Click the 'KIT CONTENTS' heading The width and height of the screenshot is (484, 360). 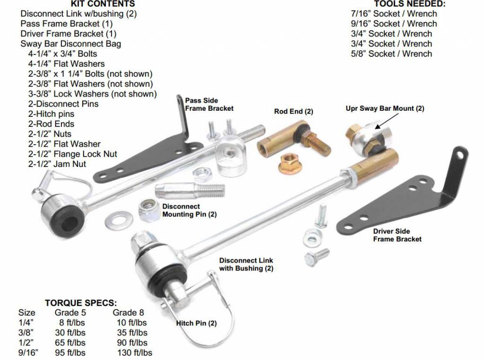click(x=103, y=4)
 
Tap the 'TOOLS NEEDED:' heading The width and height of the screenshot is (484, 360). click(x=410, y=4)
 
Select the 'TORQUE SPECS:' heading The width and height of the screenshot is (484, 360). click(x=81, y=303)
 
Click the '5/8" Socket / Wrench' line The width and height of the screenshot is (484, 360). click(x=391, y=54)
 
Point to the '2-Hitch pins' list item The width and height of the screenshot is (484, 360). click(x=51, y=114)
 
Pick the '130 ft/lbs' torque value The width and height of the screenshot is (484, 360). click(x=135, y=352)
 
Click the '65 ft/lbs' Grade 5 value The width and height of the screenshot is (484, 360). click(x=70, y=342)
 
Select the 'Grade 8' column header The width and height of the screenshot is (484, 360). click(x=129, y=313)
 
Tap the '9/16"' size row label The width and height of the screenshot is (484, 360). click(x=28, y=352)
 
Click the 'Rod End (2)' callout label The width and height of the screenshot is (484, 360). click(x=294, y=111)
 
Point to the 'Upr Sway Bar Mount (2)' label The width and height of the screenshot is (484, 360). click(x=385, y=108)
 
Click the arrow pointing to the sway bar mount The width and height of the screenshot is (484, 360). click(x=387, y=121)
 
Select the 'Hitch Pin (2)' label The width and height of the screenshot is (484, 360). click(x=196, y=323)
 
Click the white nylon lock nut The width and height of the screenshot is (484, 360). click(x=149, y=210)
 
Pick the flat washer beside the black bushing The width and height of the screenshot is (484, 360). click(x=119, y=220)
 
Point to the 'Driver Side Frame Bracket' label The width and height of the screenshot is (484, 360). click(x=397, y=235)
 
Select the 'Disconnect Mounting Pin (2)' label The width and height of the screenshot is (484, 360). click(x=190, y=211)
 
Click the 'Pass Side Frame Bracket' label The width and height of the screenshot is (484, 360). click(x=209, y=105)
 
